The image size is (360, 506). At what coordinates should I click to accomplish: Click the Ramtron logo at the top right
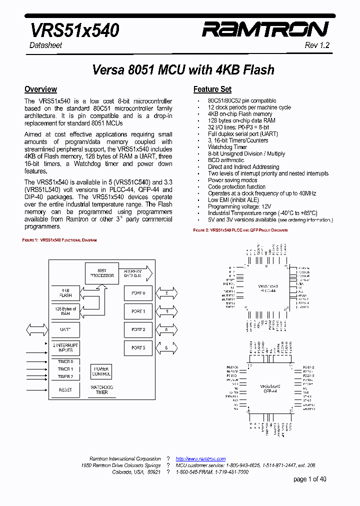pos(265,30)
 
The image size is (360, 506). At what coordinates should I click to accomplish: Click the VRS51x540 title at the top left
pos(75,30)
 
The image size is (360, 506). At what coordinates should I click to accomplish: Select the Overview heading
pos(40,89)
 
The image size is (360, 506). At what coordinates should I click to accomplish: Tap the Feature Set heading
pos(212,89)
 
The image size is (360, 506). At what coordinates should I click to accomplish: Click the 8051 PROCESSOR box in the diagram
pos(102,273)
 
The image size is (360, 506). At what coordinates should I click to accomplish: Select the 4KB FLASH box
pos(65,292)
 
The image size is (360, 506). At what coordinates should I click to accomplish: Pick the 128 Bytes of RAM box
pos(65,311)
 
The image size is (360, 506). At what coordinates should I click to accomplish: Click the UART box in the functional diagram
pos(65,330)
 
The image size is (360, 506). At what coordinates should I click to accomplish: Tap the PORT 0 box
pos(138,293)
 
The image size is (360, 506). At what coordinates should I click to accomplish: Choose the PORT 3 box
pos(138,348)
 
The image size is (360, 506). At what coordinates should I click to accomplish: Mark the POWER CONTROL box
pos(101,371)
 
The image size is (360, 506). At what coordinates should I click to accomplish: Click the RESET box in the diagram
pos(65,389)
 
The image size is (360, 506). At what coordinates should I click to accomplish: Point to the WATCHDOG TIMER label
pos(101,390)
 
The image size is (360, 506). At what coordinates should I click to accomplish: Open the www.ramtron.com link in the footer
pos(200,459)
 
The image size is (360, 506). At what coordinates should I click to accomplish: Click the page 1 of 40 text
pos(309,479)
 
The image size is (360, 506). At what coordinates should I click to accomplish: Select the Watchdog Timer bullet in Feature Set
pos(227,147)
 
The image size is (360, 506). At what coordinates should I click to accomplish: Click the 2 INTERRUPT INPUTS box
pos(65,348)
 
